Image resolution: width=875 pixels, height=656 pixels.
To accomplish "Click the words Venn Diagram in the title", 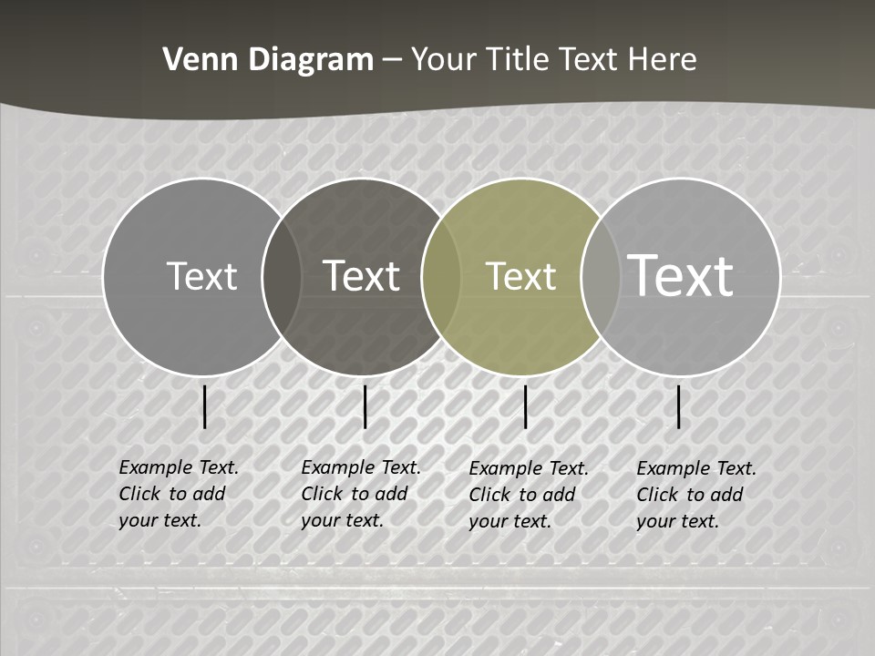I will pos(268,60).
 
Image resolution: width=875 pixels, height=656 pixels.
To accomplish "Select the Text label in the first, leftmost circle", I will pos(201,276).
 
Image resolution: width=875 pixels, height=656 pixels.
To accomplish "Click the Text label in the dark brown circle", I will pos(362,276).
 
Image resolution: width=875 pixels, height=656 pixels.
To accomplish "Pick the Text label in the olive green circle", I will pos(521,276).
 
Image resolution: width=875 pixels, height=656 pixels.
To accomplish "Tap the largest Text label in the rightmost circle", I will pos(681,275).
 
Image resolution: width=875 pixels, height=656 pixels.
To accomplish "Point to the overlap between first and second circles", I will pos(282,276).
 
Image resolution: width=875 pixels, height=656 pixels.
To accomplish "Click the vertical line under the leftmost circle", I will pos(205,406).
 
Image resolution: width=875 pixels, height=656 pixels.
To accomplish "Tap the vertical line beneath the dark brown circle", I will pos(365,406).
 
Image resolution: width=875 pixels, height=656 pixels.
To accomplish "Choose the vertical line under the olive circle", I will pos(526,406).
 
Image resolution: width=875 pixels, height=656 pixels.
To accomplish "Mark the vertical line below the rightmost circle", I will pos(679,406).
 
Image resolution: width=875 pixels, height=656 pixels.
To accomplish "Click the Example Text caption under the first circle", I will pos(178,494).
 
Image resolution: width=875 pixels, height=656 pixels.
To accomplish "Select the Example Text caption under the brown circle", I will pos(360,494).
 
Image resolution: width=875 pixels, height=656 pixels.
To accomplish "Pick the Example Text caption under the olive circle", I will pos(528,495).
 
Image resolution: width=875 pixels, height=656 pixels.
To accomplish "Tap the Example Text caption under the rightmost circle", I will pos(695,495).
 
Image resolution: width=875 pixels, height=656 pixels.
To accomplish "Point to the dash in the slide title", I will pos(392,61).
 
